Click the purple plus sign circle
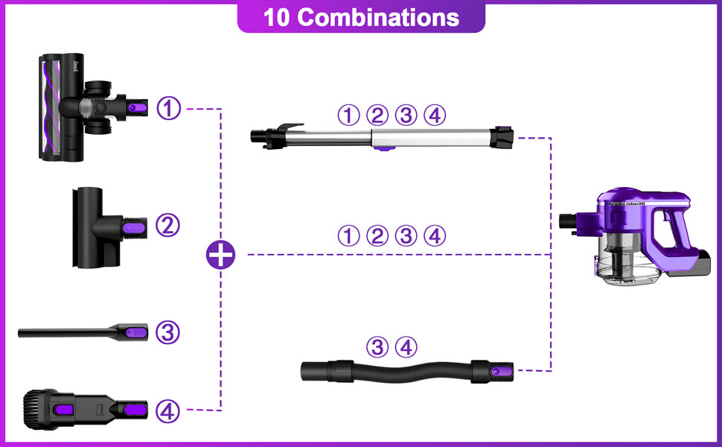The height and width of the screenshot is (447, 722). [220, 255]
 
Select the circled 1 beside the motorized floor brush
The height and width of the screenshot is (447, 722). [170, 109]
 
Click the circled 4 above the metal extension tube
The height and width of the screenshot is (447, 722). [434, 115]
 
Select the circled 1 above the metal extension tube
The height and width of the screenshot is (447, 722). [348, 115]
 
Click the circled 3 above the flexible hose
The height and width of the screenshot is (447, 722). [378, 346]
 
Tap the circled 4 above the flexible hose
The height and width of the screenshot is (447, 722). [406, 346]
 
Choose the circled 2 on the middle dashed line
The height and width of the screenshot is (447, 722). [377, 236]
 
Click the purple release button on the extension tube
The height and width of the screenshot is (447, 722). [382, 149]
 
